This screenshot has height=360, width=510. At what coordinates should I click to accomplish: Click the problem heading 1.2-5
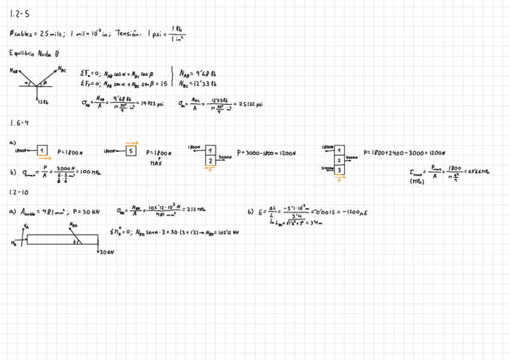19,14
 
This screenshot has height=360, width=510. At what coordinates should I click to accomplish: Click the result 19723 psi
152,103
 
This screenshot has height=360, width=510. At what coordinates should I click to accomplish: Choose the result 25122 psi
251,103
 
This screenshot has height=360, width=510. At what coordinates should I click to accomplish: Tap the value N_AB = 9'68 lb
198,74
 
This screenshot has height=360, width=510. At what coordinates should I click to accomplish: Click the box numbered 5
131,151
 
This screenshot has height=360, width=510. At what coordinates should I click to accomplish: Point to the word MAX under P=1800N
156,163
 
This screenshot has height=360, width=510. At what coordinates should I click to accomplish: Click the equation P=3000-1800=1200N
266,153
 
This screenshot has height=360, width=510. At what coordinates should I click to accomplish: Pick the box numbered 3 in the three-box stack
339,170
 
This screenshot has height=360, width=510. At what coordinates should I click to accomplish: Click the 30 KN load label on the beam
105,252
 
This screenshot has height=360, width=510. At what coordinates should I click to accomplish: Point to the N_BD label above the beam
73,225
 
